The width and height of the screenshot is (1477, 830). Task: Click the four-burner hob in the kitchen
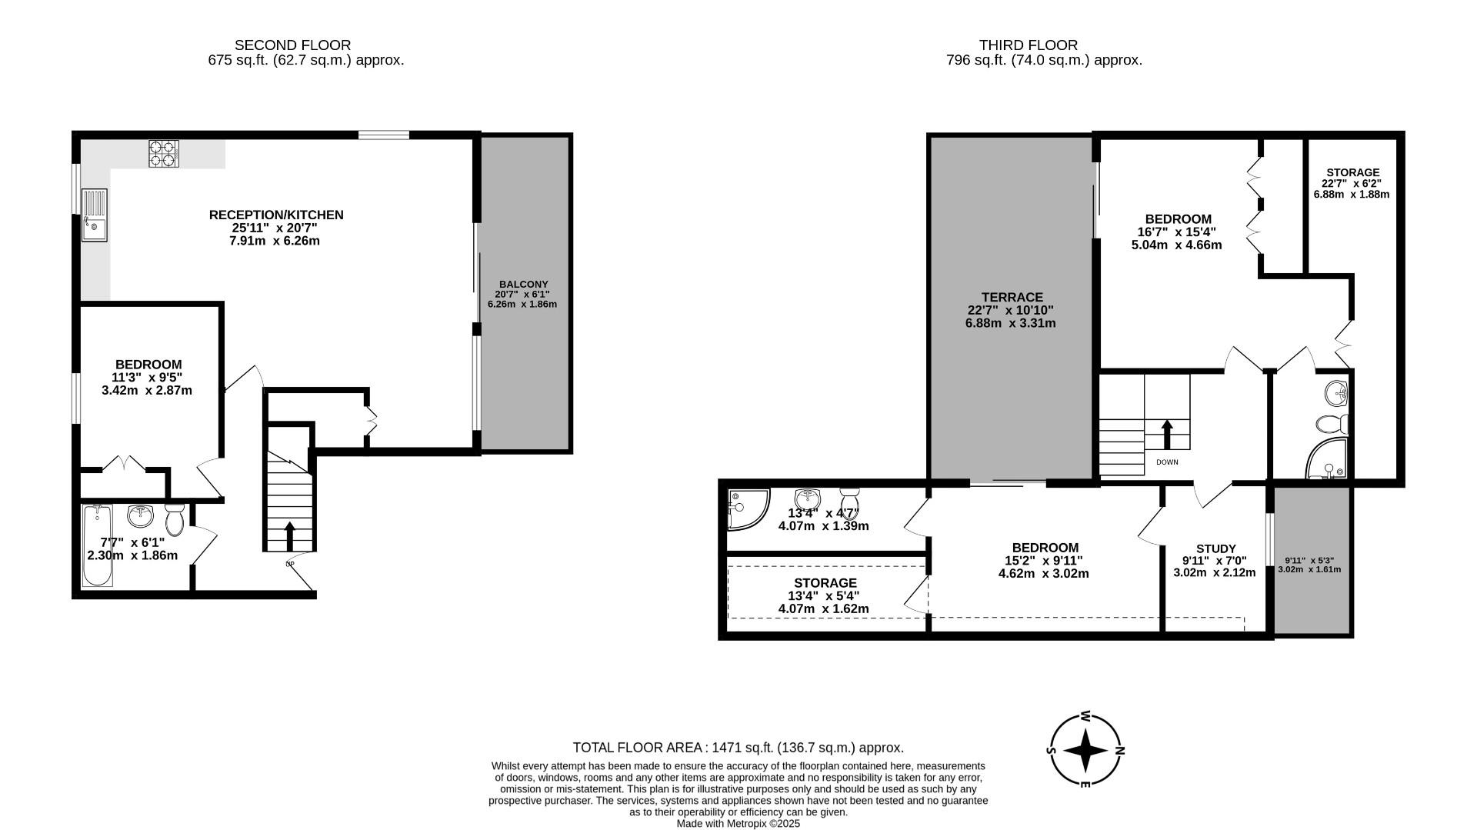pos(163,153)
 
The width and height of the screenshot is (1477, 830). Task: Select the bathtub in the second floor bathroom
pos(98,545)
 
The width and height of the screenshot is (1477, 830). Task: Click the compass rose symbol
pos(1085,749)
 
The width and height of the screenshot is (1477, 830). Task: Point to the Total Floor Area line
pos(738,747)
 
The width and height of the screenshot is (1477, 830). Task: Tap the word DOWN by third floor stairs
pos(1167,462)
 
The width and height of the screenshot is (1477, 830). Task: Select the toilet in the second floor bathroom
pos(175,520)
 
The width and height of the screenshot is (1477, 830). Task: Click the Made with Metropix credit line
pos(738,823)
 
